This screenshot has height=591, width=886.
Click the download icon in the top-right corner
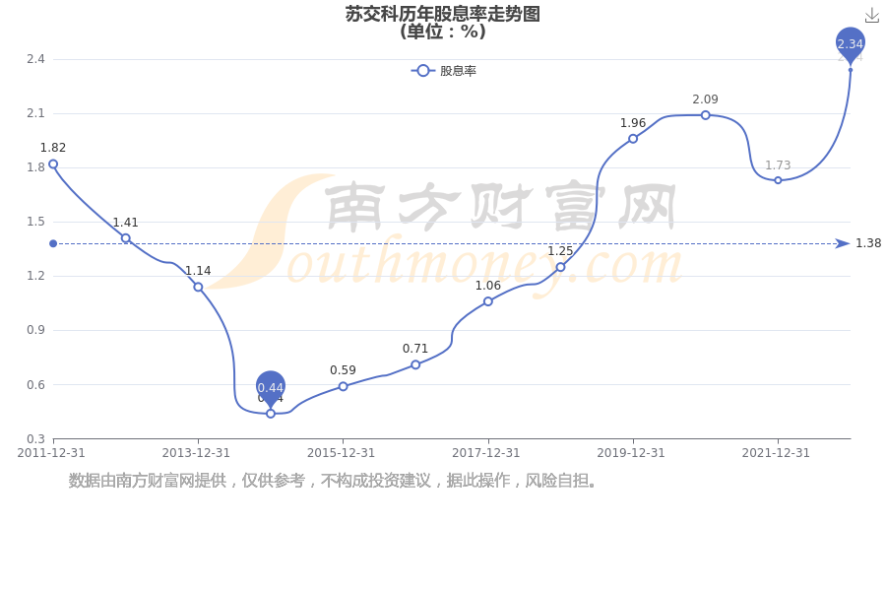(x=872, y=16)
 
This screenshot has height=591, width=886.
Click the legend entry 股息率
(x=444, y=71)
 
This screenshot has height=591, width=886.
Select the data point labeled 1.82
(x=53, y=164)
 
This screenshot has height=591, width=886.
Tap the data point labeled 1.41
(x=126, y=238)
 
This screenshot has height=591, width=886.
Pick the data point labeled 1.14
(x=198, y=287)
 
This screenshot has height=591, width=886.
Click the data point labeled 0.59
(x=343, y=386)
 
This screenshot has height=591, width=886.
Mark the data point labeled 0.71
(x=415, y=364)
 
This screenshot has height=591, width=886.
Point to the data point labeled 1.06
(x=488, y=301)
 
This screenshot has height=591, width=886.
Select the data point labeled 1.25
(x=560, y=267)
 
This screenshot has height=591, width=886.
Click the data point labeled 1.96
(x=633, y=139)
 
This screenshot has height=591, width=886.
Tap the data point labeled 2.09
(x=705, y=115)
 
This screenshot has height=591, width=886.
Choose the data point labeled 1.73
(x=778, y=180)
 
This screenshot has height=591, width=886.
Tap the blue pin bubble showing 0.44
(x=270, y=387)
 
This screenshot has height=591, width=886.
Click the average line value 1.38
(x=868, y=243)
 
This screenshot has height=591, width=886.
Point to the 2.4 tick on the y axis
(x=35, y=59)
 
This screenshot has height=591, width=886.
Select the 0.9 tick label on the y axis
(x=35, y=330)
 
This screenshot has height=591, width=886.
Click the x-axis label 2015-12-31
(x=341, y=453)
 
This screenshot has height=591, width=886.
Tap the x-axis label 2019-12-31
(x=631, y=453)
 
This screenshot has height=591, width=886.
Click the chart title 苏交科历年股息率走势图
(x=442, y=14)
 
